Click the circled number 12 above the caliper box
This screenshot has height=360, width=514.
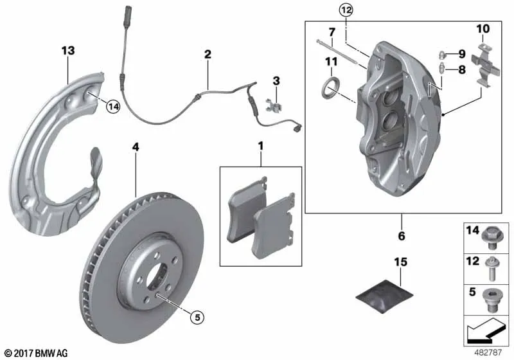[x=346, y=10]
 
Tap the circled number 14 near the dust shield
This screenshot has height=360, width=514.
[x=114, y=107]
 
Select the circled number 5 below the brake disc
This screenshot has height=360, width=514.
[x=197, y=317]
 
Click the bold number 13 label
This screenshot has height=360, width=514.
[x=68, y=51]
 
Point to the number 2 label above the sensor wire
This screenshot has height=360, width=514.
[x=208, y=54]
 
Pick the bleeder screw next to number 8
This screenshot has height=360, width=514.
[x=442, y=68]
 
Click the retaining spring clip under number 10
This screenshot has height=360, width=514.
[x=486, y=66]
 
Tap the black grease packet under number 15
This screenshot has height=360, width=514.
[x=384, y=296]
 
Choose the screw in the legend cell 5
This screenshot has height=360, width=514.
[x=491, y=300]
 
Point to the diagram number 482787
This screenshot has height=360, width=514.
[x=488, y=352]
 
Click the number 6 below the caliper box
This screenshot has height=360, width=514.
[x=402, y=235]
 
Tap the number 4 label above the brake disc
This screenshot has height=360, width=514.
[x=136, y=147]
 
